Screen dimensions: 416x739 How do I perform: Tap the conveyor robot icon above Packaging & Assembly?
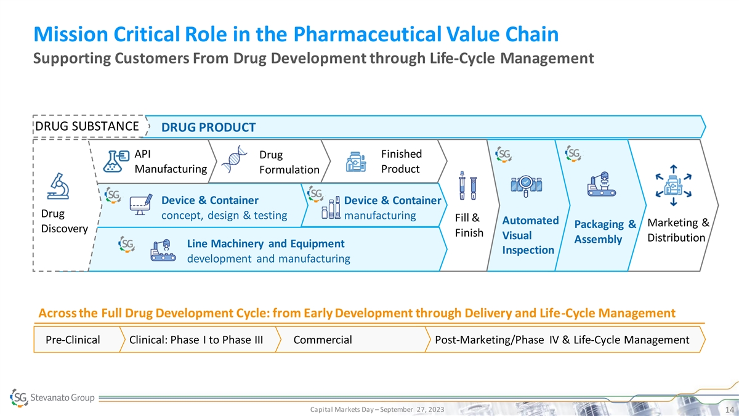600,184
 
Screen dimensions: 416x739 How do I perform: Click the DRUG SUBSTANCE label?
85,126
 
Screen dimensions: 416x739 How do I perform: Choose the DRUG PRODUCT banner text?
208,128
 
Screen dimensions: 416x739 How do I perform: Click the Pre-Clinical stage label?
73,340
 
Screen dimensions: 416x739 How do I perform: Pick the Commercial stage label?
323,340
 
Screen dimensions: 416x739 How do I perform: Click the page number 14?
728,410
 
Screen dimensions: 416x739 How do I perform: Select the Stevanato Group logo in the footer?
53,398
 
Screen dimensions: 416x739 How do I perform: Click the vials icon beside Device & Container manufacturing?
331,208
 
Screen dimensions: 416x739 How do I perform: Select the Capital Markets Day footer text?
376,410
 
